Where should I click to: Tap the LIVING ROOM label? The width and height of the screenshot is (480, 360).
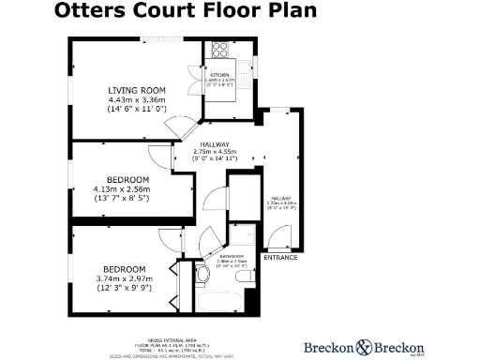(137, 90)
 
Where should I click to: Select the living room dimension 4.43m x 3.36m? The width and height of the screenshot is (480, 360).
(137, 100)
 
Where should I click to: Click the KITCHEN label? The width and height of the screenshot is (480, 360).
(220, 74)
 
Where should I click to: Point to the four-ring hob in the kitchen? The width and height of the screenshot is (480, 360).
(220, 51)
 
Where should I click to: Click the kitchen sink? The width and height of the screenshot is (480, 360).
(247, 67)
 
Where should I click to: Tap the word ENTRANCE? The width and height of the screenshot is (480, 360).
(281, 257)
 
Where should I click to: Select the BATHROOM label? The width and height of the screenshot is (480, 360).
(232, 256)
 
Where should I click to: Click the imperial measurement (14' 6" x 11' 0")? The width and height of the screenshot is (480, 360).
(137, 110)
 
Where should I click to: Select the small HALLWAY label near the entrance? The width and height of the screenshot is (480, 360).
(281, 198)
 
